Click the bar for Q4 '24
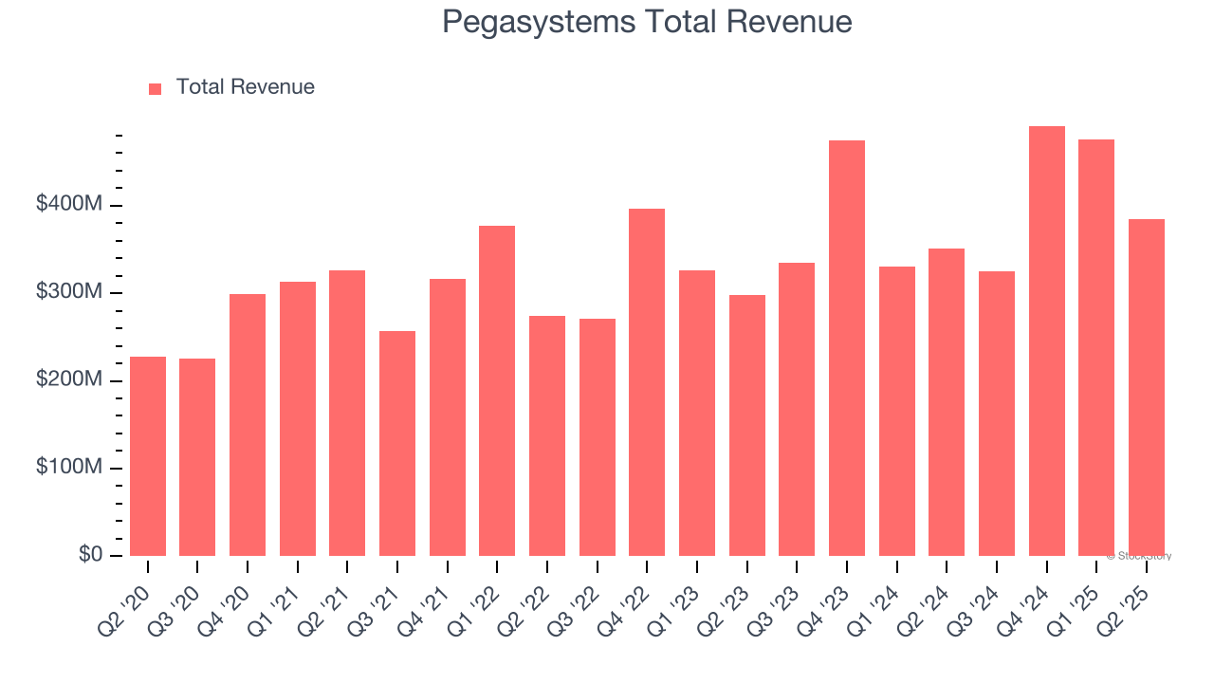(1046, 341)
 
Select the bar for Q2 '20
(148, 456)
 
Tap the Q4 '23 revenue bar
(847, 348)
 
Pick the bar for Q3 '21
(397, 443)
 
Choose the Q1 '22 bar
(497, 391)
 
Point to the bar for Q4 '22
(647, 382)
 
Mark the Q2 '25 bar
(1146, 387)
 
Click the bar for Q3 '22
(598, 437)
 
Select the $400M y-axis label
(69, 205)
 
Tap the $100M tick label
(69, 468)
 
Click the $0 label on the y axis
(91, 555)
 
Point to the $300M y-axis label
(69, 292)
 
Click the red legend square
(156, 88)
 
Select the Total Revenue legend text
(245, 87)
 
